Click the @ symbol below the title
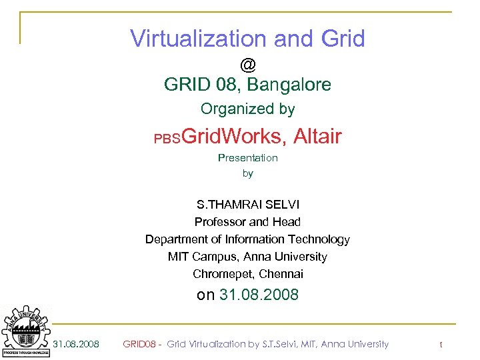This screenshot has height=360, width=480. pyautogui.click(x=248, y=65)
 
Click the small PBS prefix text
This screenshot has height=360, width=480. pyautogui.click(x=167, y=139)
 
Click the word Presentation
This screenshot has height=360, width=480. pyautogui.click(x=248, y=158)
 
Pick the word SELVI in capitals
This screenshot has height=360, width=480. pyautogui.click(x=284, y=205)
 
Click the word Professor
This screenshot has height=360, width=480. pyautogui.click(x=219, y=222)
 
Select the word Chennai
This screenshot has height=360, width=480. pyautogui.click(x=281, y=274)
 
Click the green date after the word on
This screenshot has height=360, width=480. pyautogui.click(x=259, y=295)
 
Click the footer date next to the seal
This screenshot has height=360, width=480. pyautogui.click(x=76, y=344)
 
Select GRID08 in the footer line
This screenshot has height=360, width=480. pyautogui.click(x=139, y=344)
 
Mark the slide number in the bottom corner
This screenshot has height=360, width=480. pyautogui.click(x=441, y=344)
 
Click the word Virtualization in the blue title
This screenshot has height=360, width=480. pyautogui.click(x=198, y=39)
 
